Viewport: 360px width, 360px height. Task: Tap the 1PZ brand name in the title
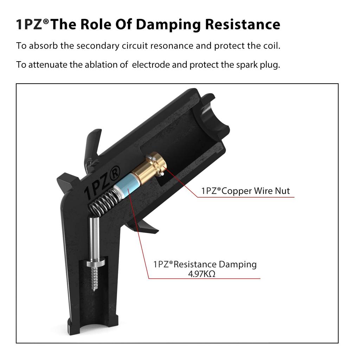[30, 25]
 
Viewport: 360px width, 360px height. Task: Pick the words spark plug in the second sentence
[261, 65]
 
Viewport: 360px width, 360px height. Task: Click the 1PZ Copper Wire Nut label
[245, 191]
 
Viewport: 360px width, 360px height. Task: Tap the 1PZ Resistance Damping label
[205, 264]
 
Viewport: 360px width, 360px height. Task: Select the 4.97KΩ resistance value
[201, 274]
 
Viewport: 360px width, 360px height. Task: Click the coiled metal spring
[102, 204]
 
